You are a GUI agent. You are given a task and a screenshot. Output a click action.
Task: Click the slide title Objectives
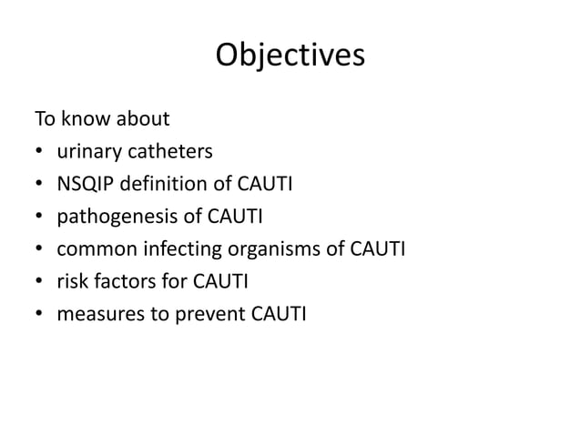pyautogui.click(x=290, y=56)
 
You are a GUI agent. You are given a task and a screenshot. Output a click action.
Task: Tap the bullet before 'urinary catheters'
pyautogui.click(x=39, y=153)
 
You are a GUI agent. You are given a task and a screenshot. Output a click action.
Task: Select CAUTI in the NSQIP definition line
pyautogui.click(x=264, y=186)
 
